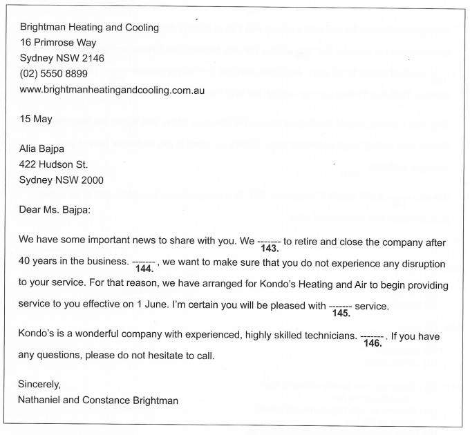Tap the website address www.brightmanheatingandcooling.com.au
coord(112,90)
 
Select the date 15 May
coord(36,119)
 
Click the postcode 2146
coord(91,58)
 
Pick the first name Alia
coord(30,148)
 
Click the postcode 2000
coord(91,180)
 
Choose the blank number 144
coord(143,269)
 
